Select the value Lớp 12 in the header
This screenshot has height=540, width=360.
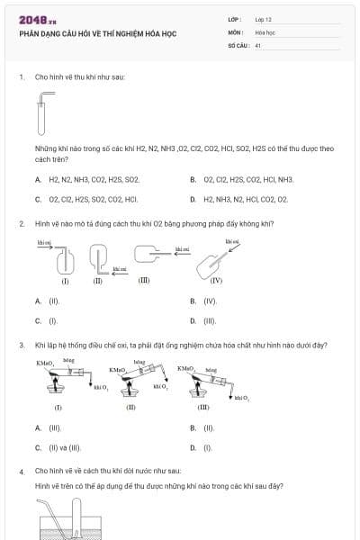[x=264, y=19]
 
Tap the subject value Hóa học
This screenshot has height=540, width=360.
[x=265, y=31]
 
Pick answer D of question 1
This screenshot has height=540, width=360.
[x=240, y=199]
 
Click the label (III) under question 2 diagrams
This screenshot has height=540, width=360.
[x=144, y=280]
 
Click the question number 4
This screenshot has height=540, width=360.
[x=22, y=471]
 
